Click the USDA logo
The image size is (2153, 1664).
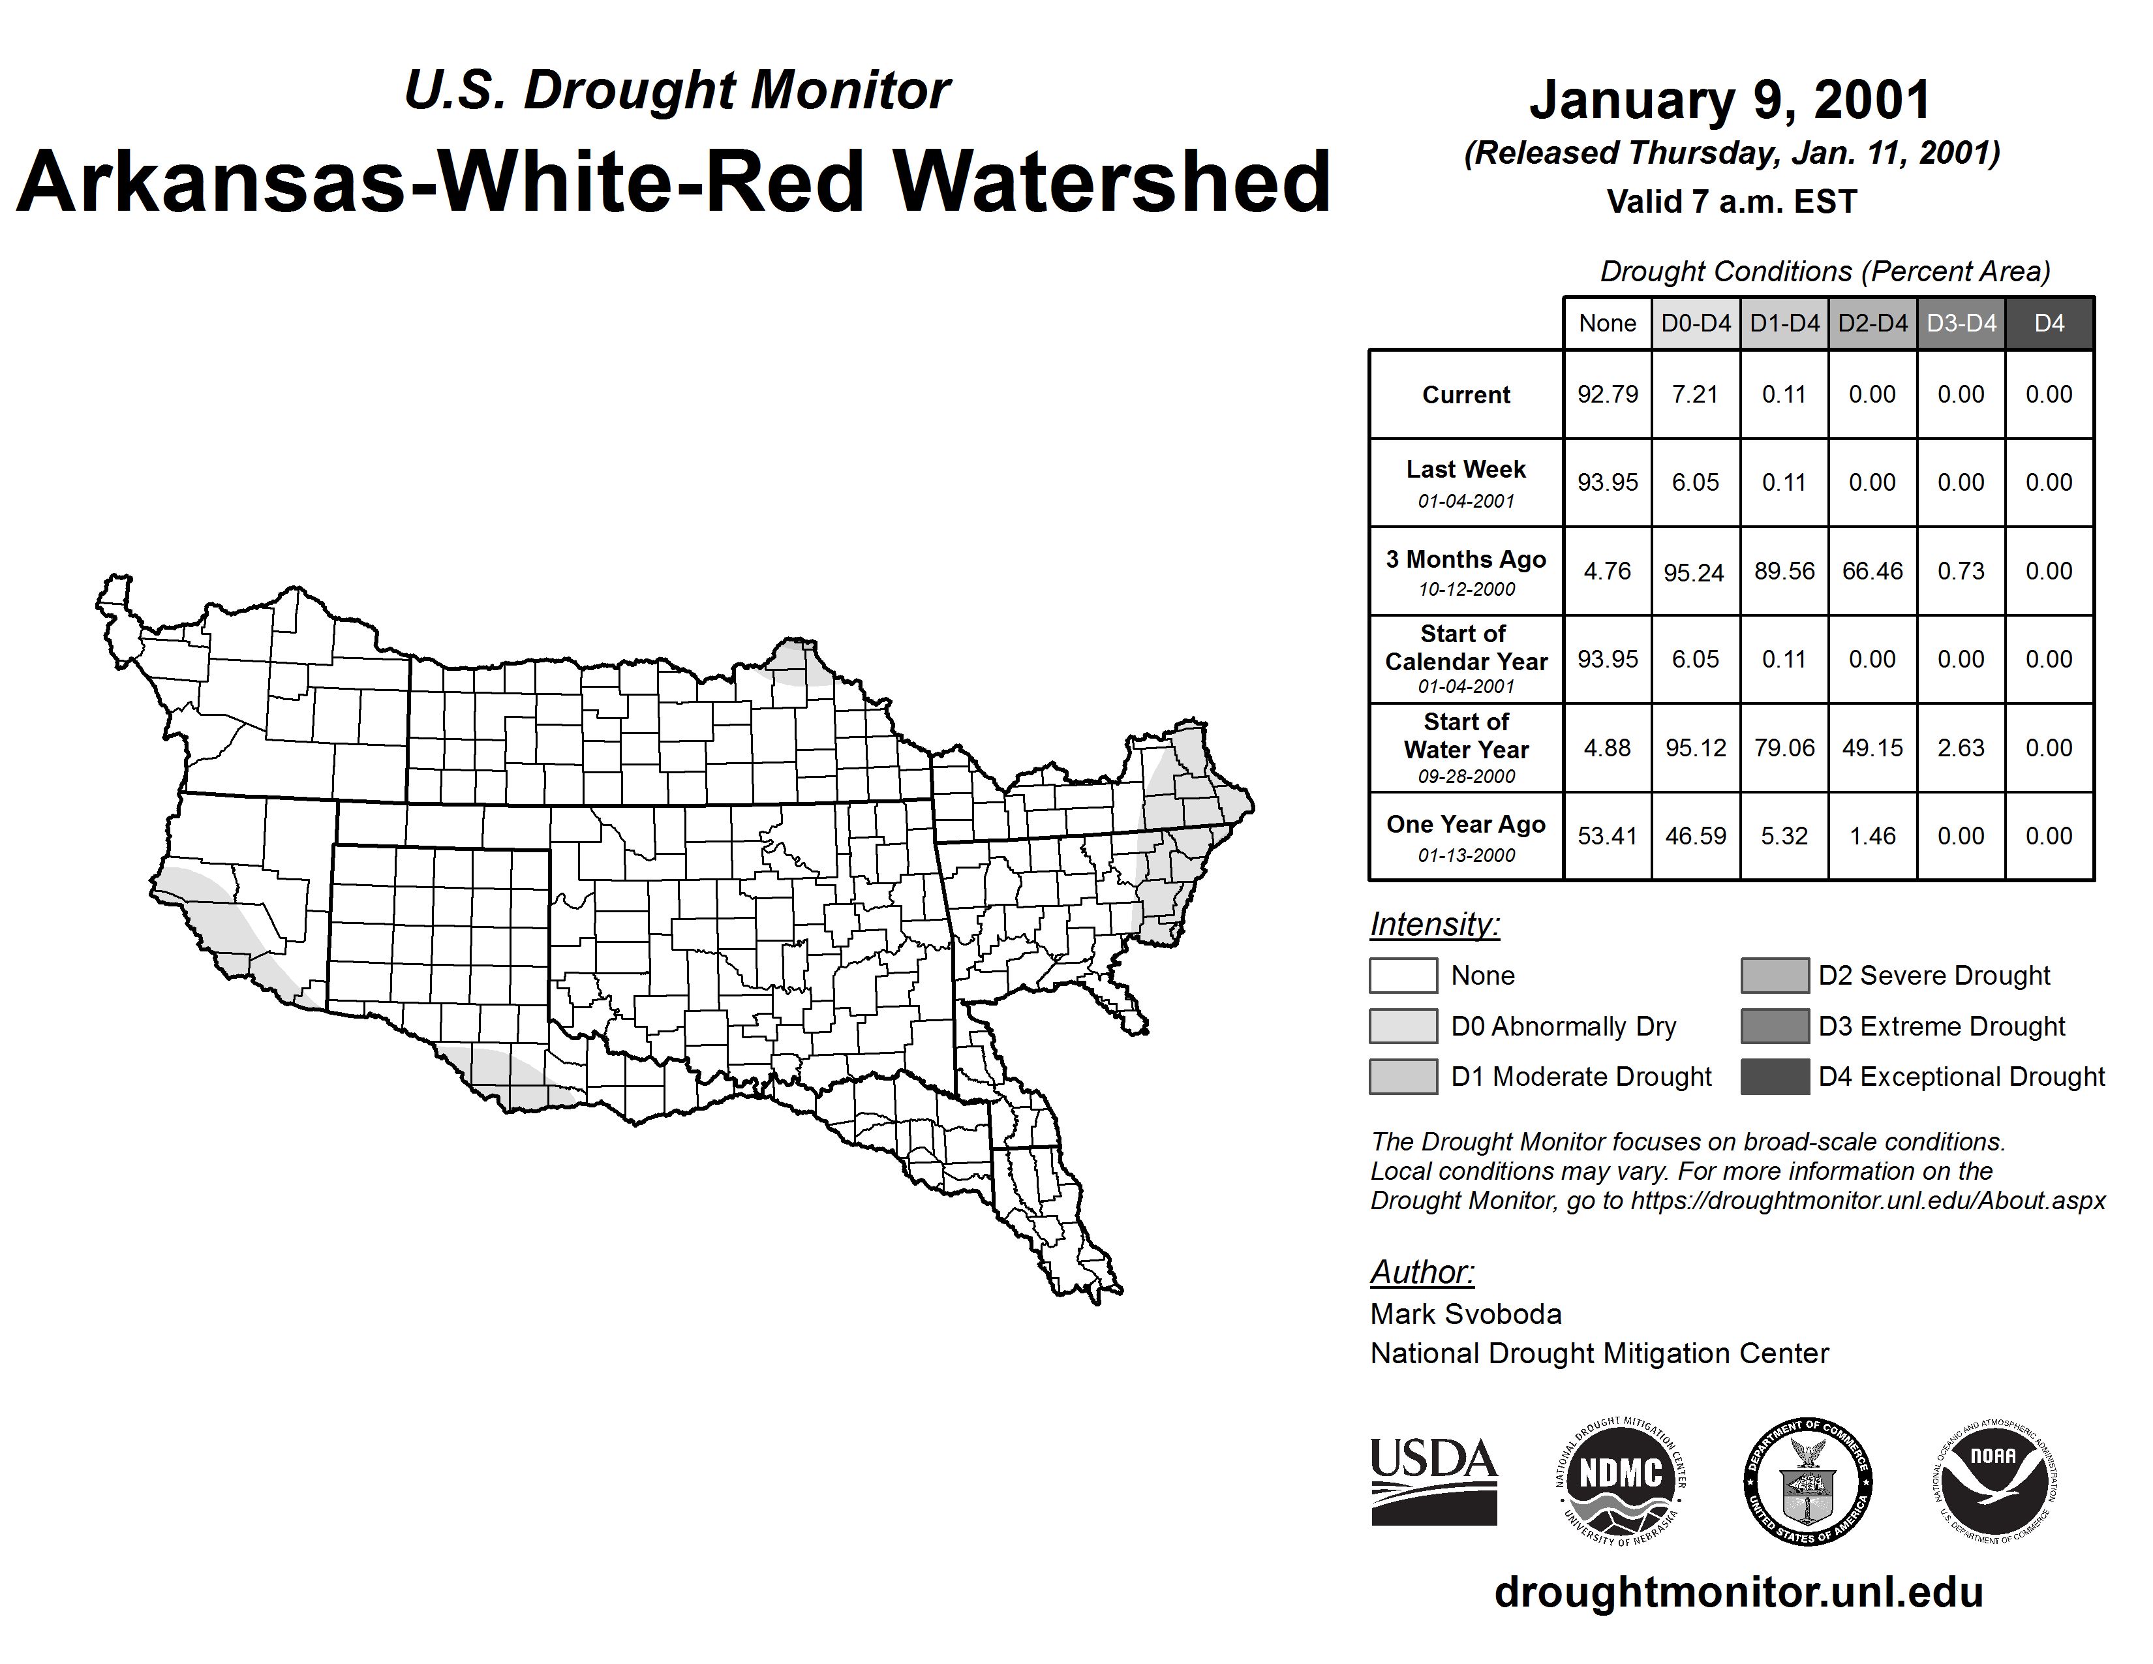click(x=1433, y=1482)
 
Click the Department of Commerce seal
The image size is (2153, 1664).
click(x=1807, y=1482)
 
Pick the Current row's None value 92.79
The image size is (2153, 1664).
click(x=1607, y=394)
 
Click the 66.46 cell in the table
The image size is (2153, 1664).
click(x=1872, y=571)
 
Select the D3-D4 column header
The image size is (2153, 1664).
click(x=1961, y=323)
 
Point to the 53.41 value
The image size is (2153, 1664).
click(x=1607, y=836)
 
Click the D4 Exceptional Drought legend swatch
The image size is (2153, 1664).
click(x=1775, y=1077)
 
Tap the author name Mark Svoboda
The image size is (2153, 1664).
click(x=1466, y=1314)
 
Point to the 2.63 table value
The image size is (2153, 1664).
click(x=1961, y=748)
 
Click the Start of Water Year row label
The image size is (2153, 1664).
click(x=1466, y=748)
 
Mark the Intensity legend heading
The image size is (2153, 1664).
click(x=1434, y=925)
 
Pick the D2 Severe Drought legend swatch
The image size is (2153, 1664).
click(x=1775, y=975)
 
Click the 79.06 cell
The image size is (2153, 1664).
click(x=1784, y=748)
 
